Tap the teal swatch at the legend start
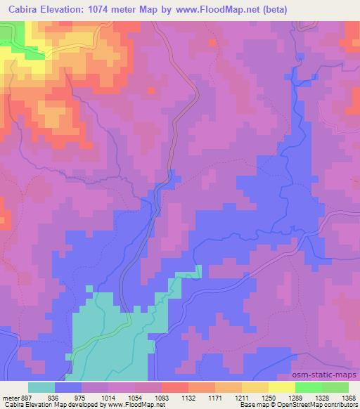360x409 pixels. click(41, 387)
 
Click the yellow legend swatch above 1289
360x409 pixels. click(281, 387)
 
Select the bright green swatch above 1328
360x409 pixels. click(309, 387)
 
